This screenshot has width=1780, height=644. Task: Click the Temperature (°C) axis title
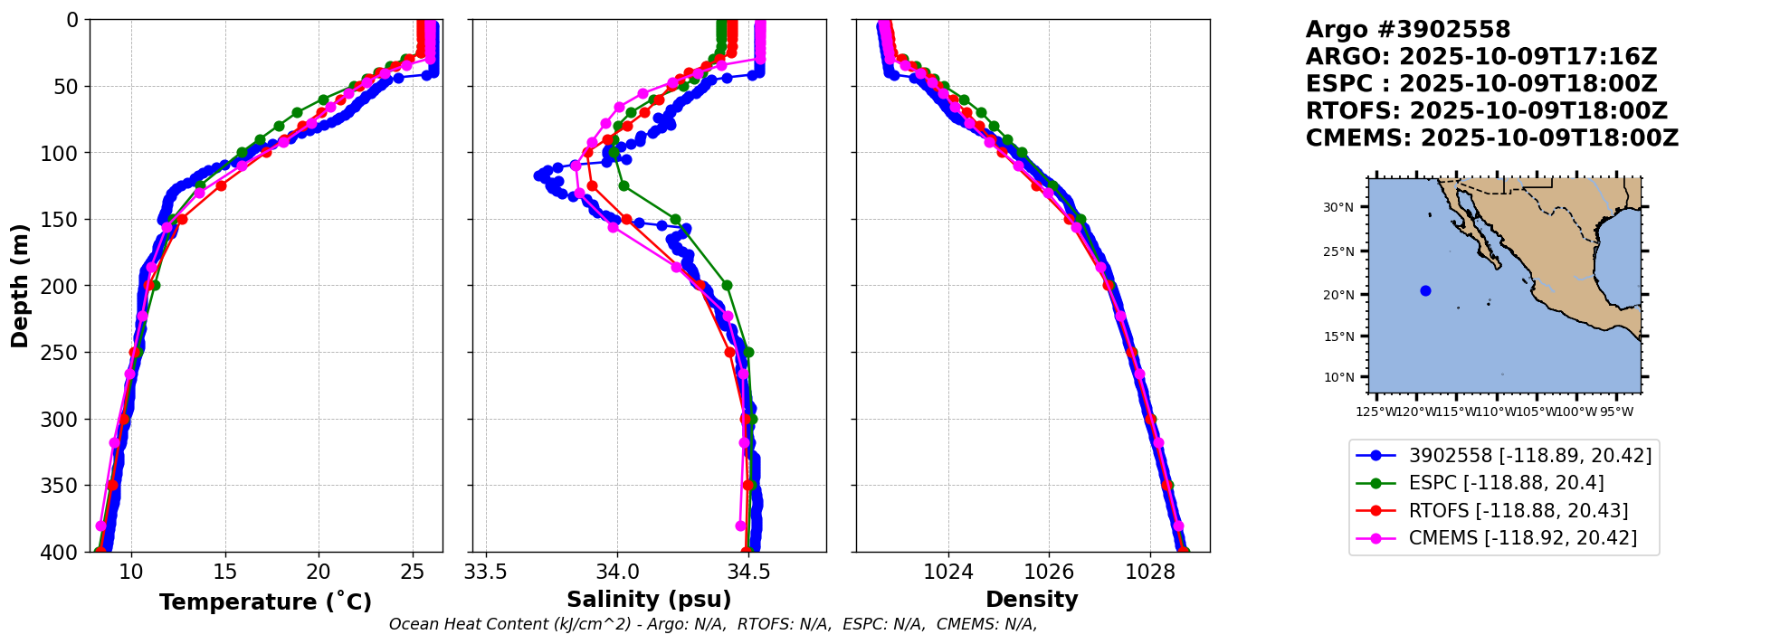[x=265, y=602]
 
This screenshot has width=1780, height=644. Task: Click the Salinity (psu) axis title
[x=649, y=600]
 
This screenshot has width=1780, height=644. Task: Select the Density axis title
[x=1032, y=600]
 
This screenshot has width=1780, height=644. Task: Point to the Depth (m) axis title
[x=20, y=285]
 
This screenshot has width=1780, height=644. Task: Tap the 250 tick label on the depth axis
[x=64, y=353]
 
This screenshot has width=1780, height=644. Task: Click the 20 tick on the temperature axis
[x=319, y=572]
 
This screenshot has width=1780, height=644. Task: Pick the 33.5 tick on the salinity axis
[x=486, y=572]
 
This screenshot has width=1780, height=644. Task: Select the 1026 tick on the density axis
[x=1049, y=572]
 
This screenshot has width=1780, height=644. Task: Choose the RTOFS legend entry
[x=1502, y=511]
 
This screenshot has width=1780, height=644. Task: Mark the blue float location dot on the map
[x=1425, y=290]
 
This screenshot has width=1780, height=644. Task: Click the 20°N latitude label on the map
[x=1338, y=295]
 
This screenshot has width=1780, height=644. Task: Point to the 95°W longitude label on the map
[x=1616, y=412]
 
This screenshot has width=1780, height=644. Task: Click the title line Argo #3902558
[x=1407, y=30]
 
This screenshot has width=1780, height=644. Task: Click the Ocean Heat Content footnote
[x=713, y=624]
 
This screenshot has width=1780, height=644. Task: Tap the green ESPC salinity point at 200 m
[x=727, y=286]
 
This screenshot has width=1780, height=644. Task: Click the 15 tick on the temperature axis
[x=224, y=572]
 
